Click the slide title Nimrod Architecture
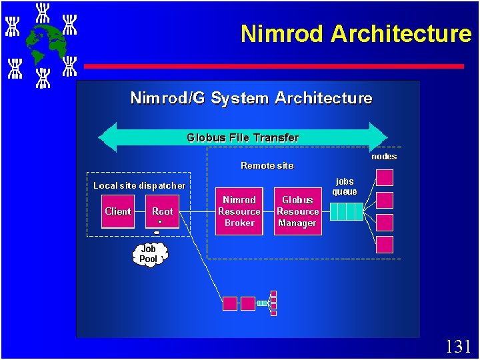(x=356, y=33)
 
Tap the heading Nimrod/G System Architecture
(x=251, y=99)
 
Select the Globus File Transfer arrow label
(x=243, y=138)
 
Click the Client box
(x=118, y=211)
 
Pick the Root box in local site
(x=162, y=211)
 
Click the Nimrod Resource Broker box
(x=239, y=211)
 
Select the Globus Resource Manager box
(x=297, y=211)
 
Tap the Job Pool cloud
(x=149, y=254)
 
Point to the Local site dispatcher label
(x=139, y=185)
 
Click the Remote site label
(x=267, y=165)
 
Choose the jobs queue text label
(x=345, y=187)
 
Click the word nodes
(x=383, y=157)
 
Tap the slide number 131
(x=458, y=347)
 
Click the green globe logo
(x=44, y=41)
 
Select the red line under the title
(x=273, y=67)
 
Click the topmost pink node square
(x=385, y=177)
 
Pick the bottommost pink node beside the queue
(x=385, y=245)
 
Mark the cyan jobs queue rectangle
(x=347, y=211)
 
